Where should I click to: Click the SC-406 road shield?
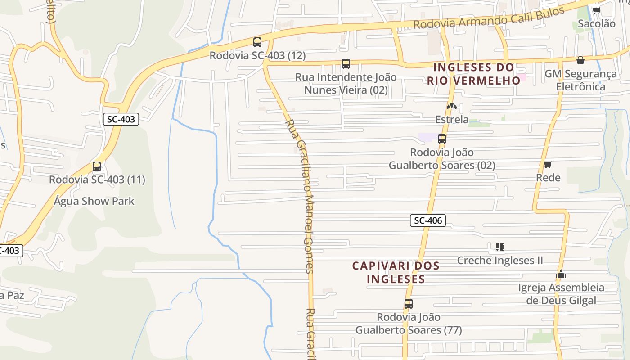pos(428,220)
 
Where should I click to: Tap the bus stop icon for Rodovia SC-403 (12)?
pos(257,42)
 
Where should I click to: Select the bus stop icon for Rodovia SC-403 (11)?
pos(97,166)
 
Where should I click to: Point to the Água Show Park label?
pos(94,201)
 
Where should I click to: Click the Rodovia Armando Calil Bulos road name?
pos(489,18)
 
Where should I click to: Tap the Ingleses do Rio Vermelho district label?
pos(474,74)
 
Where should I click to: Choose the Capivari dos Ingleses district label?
pos(396,272)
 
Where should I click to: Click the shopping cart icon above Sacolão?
pos(596,10)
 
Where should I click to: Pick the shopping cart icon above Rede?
pos(548,164)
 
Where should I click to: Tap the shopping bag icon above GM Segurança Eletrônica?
pos(580,60)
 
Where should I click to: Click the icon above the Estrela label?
pos(451,106)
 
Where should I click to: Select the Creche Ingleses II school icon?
pos(499,247)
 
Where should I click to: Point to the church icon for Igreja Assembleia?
pos(561,274)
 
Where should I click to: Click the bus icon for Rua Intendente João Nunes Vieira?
pos(346,64)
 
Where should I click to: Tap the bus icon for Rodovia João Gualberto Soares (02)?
pos(442,139)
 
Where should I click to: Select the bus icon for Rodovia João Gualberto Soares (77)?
pos(408,304)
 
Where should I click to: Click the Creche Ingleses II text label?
pos(500,260)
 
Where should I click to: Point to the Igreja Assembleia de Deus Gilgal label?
pos(561,294)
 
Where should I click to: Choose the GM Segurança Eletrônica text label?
pos(580,80)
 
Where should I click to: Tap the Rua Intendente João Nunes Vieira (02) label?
pos(346,83)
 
